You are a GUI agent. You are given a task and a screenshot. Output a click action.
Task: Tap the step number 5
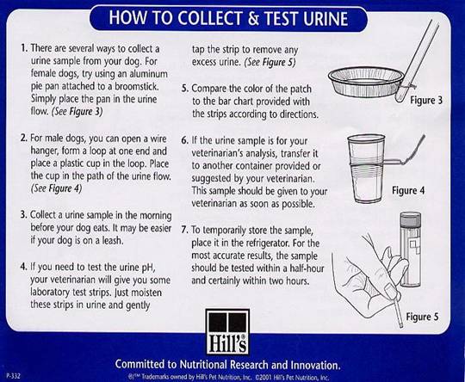184,88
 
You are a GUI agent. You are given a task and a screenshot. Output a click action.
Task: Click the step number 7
184,230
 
